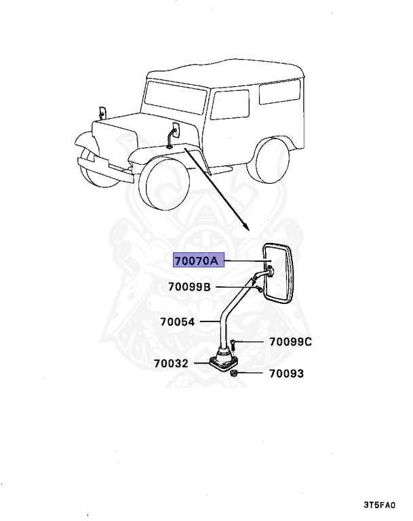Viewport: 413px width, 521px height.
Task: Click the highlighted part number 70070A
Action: click(199, 260)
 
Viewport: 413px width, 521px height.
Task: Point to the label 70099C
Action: click(289, 342)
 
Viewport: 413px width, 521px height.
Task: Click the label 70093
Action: click(286, 373)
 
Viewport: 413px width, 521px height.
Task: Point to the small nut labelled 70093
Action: click(233, 374)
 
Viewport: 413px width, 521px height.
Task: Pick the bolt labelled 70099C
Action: click(233, 345)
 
